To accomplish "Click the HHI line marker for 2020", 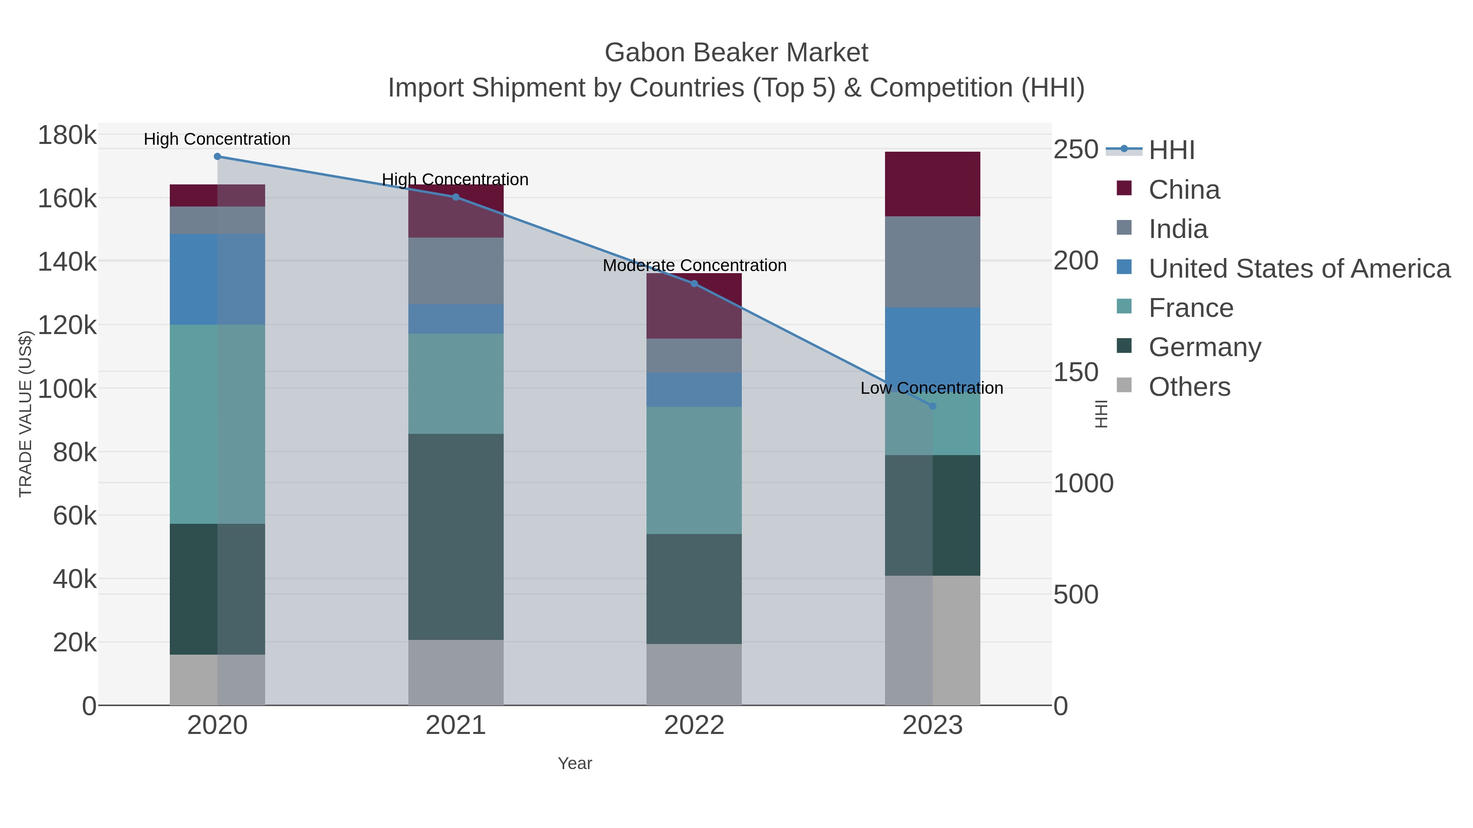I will coord(217,157).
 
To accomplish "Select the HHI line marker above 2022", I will coord(694,283).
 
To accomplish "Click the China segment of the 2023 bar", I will coord(932,184).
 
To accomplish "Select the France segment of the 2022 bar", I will coord(694,470).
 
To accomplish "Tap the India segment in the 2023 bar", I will coord(932,262).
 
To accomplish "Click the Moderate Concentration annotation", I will coord(694,266).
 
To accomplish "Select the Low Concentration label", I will coord(932,388).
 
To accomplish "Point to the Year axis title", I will coord(575,763).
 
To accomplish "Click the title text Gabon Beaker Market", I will coord(736,53).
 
